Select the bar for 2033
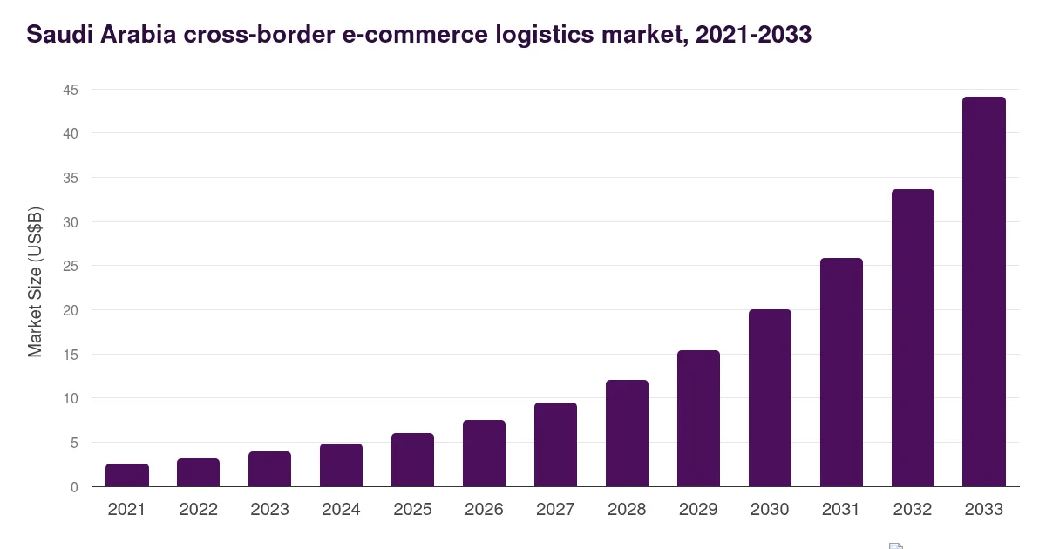pos(984,292)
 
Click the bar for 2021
pos(127,475)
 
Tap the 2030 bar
pos(770,398)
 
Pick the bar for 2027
pos(556,445)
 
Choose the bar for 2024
pos(341,465)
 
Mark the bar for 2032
pos(913,338)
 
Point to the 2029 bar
pos(698,419)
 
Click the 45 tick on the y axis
pos(71,90)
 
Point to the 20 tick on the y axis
pos(71,310)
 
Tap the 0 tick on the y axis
pos(74,487)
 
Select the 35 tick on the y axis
pos(71,178)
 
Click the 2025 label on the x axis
pos(412,509)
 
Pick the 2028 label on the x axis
pos(627,509)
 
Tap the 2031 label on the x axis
pos(841,509)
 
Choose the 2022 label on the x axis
pos(199,509)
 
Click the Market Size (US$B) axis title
pos(35,282)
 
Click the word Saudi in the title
pos(60,34)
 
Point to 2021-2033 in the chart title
pos(753,34)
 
